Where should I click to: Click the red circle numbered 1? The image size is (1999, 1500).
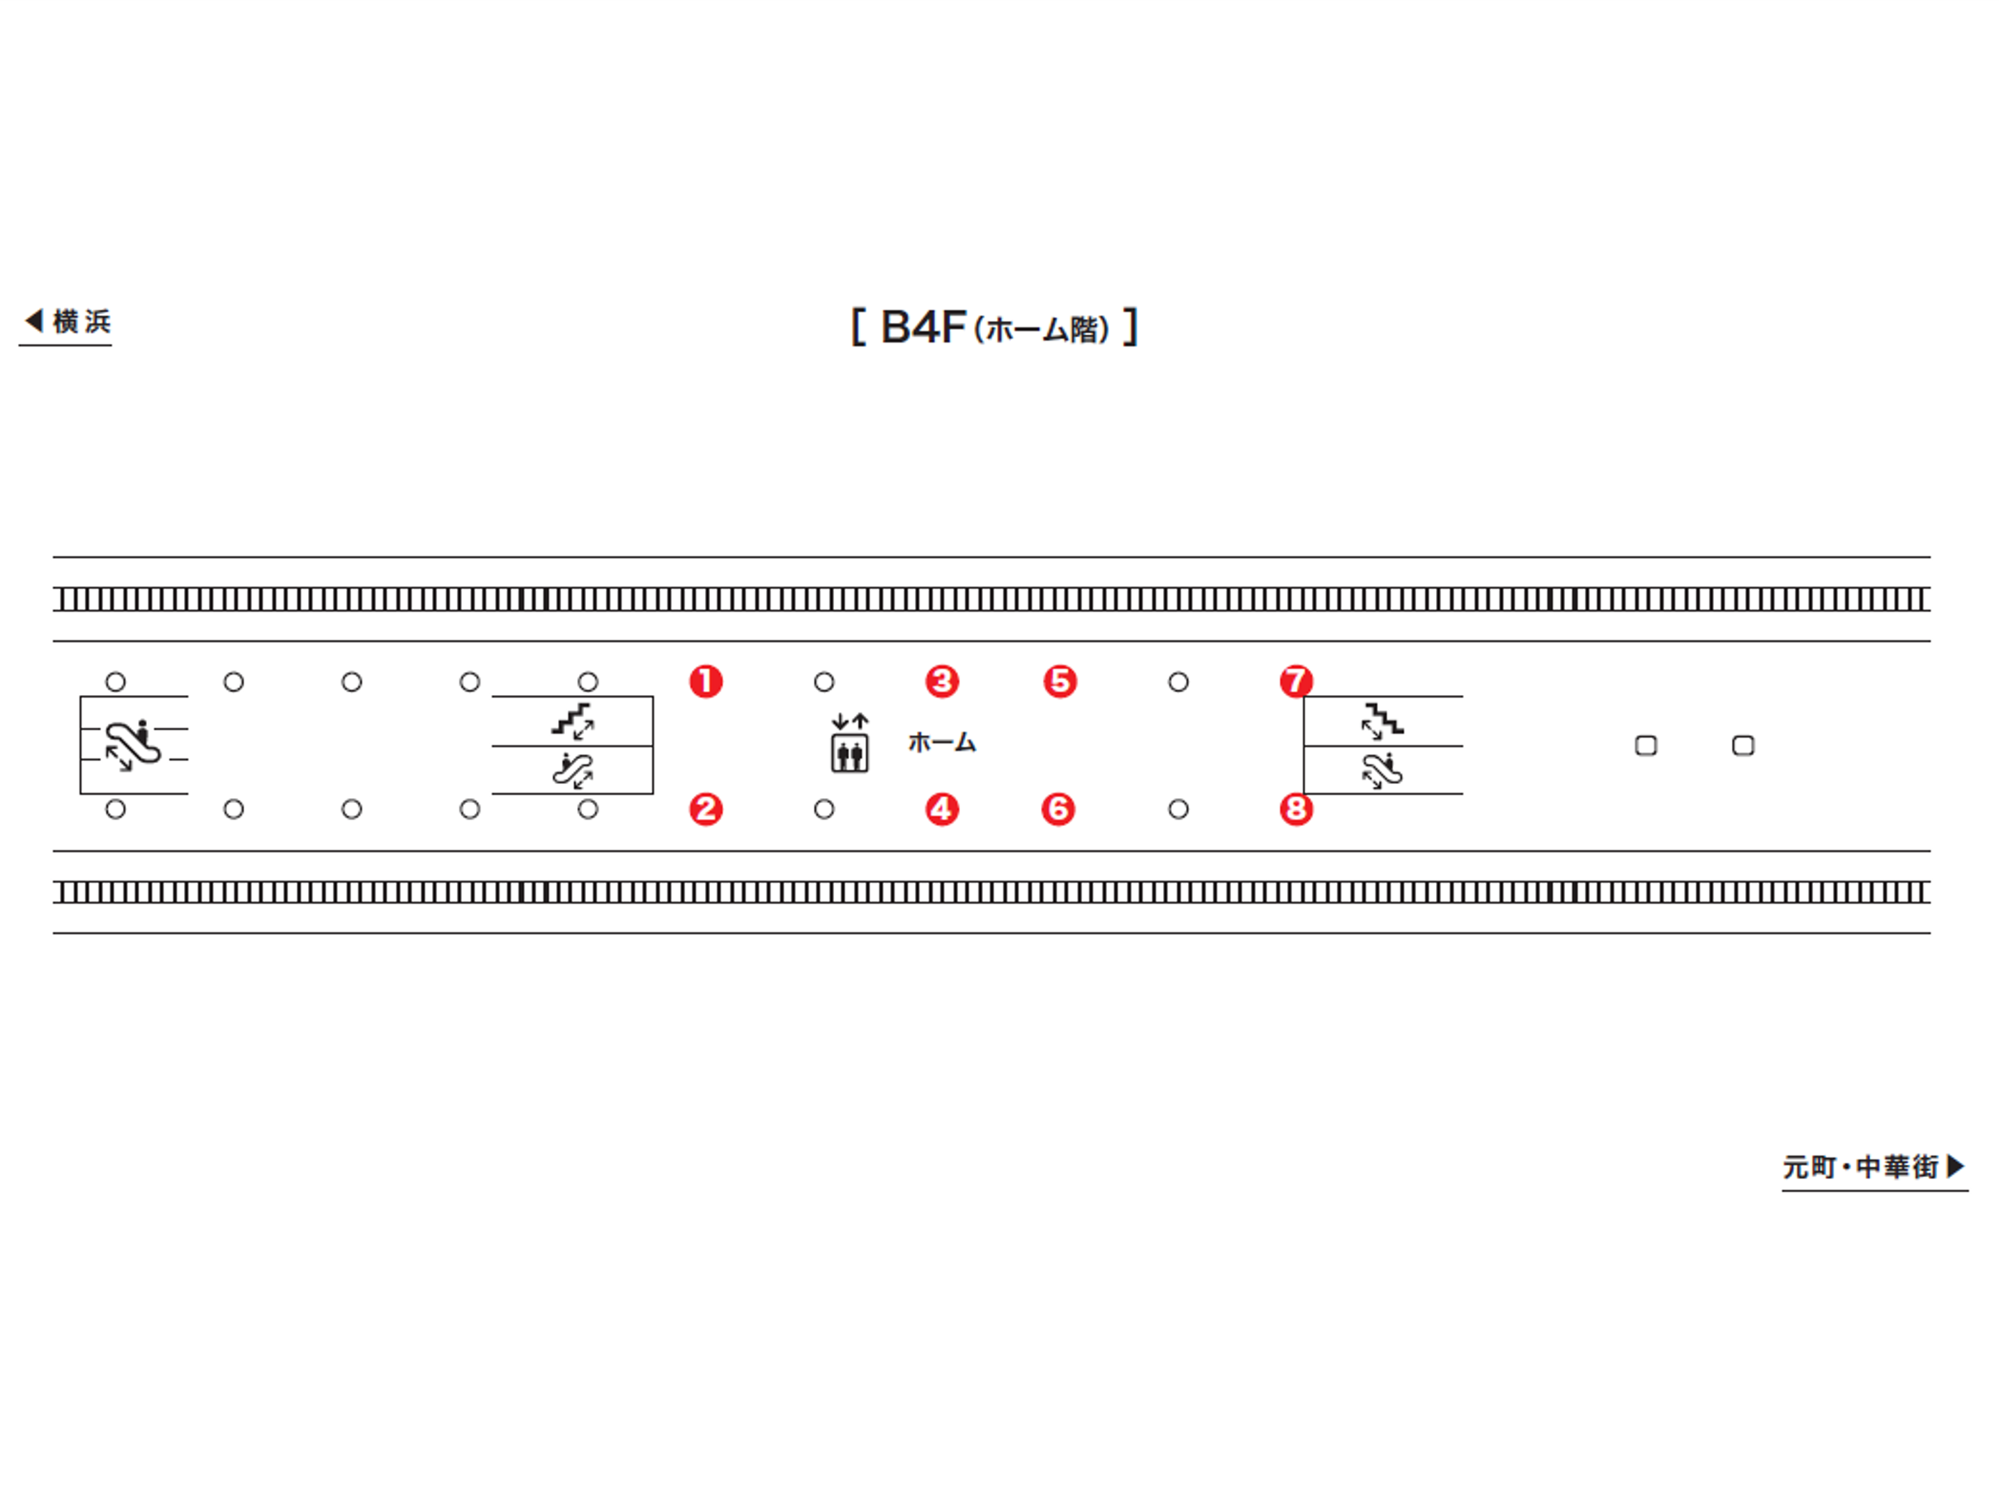706,681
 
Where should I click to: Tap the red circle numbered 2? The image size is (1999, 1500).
706,808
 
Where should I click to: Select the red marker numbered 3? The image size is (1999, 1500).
941,681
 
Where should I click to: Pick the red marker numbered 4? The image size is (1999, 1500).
941,808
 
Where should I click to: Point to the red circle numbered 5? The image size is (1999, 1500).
1060,681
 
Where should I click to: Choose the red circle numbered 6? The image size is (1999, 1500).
1058,808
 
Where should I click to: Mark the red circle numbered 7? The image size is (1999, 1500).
1296,681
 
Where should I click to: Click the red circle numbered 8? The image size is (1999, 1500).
1296,808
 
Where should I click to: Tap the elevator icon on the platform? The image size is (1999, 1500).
849,742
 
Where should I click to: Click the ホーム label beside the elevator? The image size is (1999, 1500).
941,743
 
